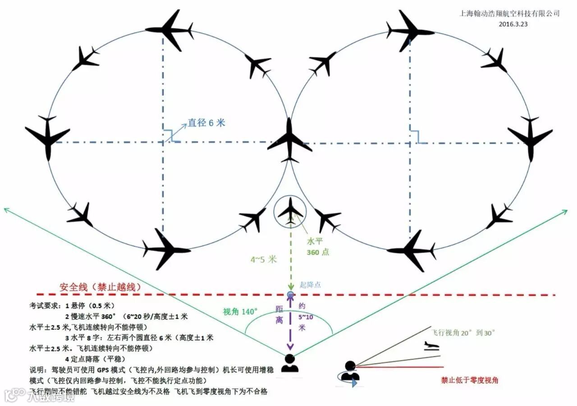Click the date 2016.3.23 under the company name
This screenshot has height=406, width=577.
click(x=513, y=24)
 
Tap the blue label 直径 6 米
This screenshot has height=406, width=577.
click(x=206, y=123)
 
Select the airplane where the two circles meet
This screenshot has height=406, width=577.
click(x=289, y=140)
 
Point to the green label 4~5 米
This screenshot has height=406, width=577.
click(x=264, y=259)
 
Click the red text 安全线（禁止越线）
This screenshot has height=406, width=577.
click(x=101, y=287)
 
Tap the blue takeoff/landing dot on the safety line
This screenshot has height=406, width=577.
click(x=290, y=295)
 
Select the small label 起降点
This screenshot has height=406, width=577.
click(x=311, y=285)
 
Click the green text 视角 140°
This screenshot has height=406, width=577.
click(x=240, y=312)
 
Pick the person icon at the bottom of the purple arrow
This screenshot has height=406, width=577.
click(x=289, y=364)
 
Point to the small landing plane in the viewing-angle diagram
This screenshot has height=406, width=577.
click(x=431, y=346)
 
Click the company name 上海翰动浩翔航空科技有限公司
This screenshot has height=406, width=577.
click(x=509, y=14)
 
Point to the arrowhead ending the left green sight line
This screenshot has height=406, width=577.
click(x=5, y=209)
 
